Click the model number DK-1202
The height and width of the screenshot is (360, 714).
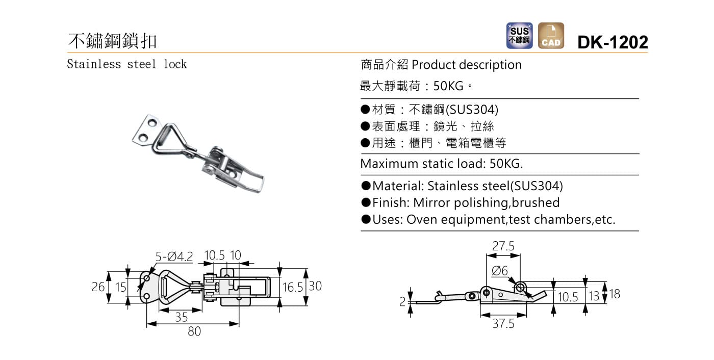click(x=612, y=42)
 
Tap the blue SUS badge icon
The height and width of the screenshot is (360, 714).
click(x=519, y=36)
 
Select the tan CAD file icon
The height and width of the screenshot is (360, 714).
click(x=551, y=36)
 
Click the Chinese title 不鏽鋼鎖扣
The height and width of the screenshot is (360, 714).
click(x=113, y=40)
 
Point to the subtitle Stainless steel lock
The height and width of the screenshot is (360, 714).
click(x=127, y=64)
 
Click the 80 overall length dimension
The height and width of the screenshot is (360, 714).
click(x=194, y=331)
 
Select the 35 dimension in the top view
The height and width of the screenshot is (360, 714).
click(x=181, y=317)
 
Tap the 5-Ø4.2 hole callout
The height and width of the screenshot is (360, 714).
click(x=174, y=256)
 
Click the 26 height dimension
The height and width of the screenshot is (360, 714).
click(x=98, y=287)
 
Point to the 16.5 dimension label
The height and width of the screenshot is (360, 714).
click(x=292, y=287)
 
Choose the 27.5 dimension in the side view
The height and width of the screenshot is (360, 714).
click(x=503, y=246)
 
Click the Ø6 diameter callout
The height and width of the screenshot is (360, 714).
click(x=499, y=271)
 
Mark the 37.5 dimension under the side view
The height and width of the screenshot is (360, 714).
click(x=503, y=324)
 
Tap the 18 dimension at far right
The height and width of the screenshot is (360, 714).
click(x=615, y=294)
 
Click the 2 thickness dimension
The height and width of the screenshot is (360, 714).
click(x=402, y=302)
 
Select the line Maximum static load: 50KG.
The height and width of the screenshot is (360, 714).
click(x=442, y=164)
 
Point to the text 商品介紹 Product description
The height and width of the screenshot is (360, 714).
click(x=441, y=65)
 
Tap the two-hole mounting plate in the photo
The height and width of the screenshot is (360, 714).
click(x=145, y=130)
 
